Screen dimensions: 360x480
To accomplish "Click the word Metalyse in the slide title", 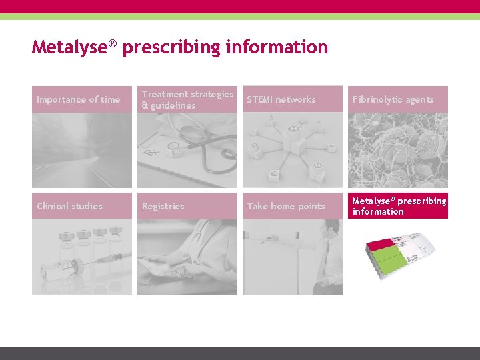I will click(70, 47).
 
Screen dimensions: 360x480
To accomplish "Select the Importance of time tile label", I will click(79, 99).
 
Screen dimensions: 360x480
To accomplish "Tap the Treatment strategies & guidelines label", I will click(187, 99).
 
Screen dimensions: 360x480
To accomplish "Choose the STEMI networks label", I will click(281, 99).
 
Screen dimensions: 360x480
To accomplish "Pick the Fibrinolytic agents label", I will click(393, 99).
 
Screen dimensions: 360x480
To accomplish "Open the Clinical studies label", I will click(70, 206).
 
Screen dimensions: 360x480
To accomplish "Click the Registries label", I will click(163, 206).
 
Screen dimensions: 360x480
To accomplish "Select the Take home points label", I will click(286, 206).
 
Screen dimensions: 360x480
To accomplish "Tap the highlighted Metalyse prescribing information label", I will click(399, 206).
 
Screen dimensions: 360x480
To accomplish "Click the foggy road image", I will click(82, 150).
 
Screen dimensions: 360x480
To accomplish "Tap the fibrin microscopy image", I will click(397, 150).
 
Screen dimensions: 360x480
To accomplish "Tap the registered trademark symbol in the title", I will click(113, 43).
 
